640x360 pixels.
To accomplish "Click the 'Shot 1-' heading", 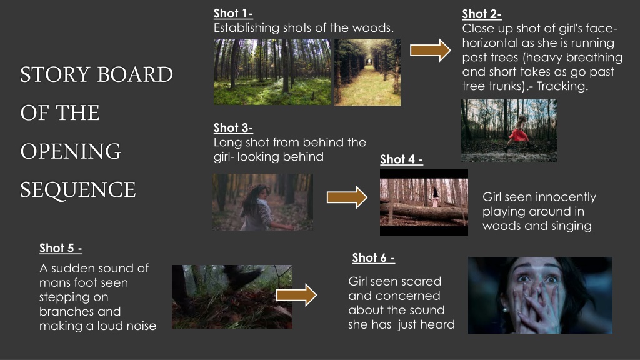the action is [233, 14].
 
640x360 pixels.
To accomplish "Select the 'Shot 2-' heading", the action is [482, 14].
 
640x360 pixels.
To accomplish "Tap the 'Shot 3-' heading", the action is [233, 127].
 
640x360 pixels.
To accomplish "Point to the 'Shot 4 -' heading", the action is [402, 159].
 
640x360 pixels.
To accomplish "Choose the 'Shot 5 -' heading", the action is [61, 248].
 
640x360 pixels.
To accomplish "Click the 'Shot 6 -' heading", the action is [374, 258].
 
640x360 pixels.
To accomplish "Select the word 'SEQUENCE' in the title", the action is [78, 190].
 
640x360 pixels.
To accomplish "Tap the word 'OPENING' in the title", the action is [71, 151].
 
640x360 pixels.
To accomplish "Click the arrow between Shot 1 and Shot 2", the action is [431, 51].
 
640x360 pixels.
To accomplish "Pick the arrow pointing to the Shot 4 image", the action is [347, 197].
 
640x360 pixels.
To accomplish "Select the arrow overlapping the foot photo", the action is [297, 295].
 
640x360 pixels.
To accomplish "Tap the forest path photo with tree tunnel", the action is [367, 72].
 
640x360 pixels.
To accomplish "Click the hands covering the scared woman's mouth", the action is [536, 307].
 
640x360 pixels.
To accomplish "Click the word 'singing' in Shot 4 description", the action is [571, 226].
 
